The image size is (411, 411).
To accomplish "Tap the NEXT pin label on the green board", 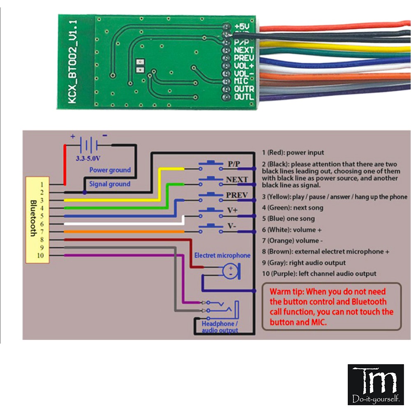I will (244, 50).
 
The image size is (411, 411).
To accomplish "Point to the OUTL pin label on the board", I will (244, 97).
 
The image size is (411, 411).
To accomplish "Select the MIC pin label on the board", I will (241, 81).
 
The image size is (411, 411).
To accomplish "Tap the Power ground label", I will (110, 170).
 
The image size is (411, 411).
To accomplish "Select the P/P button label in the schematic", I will (234, 164).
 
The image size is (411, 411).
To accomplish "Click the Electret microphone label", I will (222, 255).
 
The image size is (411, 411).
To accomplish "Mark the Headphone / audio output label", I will (219, 327).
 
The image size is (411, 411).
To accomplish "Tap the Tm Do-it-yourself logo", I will (376, 384).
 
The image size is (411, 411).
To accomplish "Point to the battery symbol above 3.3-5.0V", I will (89, 145).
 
